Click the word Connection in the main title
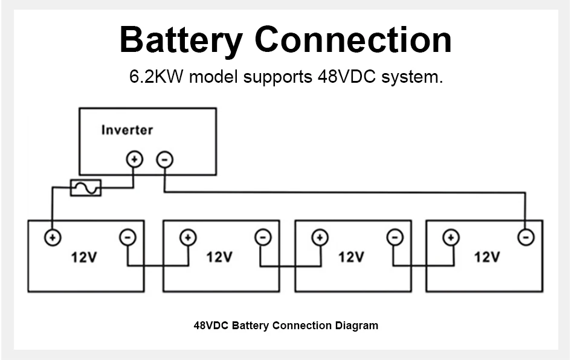[x=353, y=40]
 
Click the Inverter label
[x=127, y=130]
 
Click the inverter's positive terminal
[x=134, y=159]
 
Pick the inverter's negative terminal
[x=164, y=159]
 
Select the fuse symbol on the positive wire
[x=86, y=188]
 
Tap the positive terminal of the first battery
[x=53, y=237]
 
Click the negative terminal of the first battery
[x=127, y=237]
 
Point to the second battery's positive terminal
[x=188, y=237]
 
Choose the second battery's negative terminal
[x=262, y=237]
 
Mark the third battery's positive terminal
[x=319, y=237]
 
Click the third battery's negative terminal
[x=395, y=237]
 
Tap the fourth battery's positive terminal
[x=451, y=237]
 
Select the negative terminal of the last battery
[x=526, y=237]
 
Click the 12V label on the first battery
[x=84, y=257]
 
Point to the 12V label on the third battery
[x=351, y=257]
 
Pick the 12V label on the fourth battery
[x=486, y=257]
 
